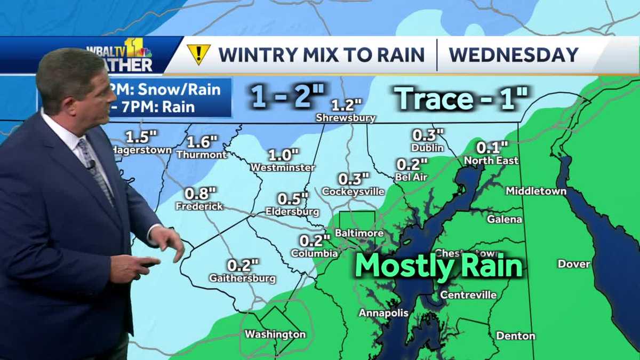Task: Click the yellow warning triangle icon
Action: point(198,54)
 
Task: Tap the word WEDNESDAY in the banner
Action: point(513,54)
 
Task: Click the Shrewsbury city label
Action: point(346,118)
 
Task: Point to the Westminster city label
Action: point(283,167)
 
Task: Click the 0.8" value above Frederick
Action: point(201,193)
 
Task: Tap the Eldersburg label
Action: point(292,212)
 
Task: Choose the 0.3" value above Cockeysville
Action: point(354,179)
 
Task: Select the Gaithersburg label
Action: point(243,278)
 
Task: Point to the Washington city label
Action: point(275,334)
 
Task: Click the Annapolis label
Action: point(383,313)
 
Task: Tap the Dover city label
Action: point(574,263)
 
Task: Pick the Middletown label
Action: point(536,191)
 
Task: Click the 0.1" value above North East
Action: point(492,147)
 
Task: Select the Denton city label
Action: point(515,335)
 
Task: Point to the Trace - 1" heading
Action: point(461,99)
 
